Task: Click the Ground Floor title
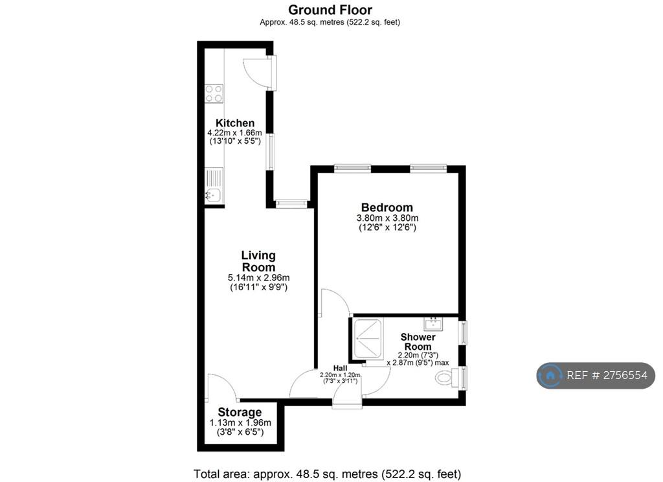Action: pyautogui.click(x=330, y=10)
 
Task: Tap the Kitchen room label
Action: pyautogui.click(x=235, y=123)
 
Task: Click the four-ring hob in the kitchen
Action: pyautogui.click(x=214, y=93)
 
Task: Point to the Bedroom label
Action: pyautogui.click(x=387, y=207)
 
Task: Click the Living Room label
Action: pyautogui.click(x=258, y=261)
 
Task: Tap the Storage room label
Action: pyautogui.click(x=240, y=412)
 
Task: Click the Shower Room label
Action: pyautogui.click(x=418, y=341)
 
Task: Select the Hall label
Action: pyautogui.click(x=340, y=368)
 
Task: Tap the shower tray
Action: pyautogui.click(x=368, y=339)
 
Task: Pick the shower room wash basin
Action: pyautogui.click(x=433, y=324)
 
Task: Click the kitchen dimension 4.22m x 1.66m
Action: pyautogui.click(x=234, y=133)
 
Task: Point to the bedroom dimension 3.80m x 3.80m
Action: pyautogui.click(x=387, y=218)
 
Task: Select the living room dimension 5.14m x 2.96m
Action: pyautogui.click(x=259, y=278)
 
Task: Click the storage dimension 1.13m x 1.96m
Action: pyautogui.click(x=240, y=423)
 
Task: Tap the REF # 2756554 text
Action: pyautogui.click(x=607, y=375)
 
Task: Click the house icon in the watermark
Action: pyautogui.click(x=550, y=375)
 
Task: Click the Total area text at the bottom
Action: pyautogui.click(x=327, y=474)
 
